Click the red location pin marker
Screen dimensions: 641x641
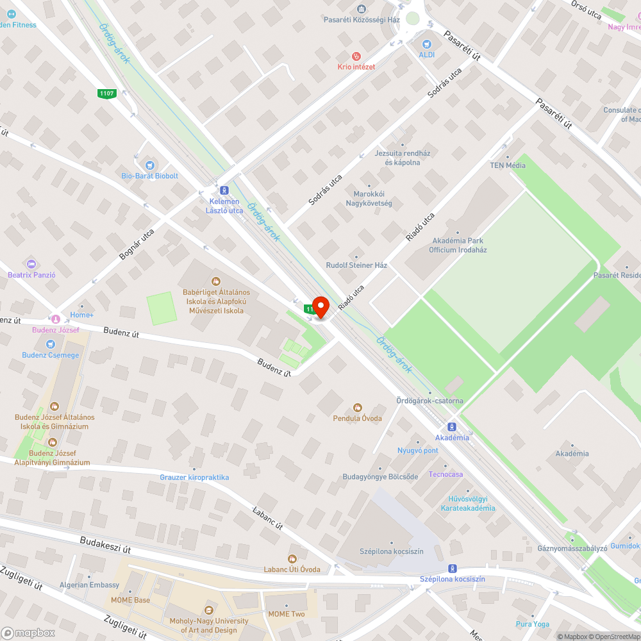coord(320,307)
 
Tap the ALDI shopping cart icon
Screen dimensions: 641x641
coord(426,44)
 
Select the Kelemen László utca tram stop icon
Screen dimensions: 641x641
coord(224,190)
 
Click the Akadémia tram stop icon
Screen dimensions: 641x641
coord(452,427)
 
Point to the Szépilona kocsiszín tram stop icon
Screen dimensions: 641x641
coord(453,569)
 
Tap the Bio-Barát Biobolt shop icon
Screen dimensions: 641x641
coord(150,165)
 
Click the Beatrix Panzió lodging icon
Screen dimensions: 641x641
coord(31,264)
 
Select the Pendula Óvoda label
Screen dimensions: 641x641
coord(357,418)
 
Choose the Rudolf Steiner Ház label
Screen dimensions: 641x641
coord(356,265)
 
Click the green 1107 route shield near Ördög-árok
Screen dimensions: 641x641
coord(106,94)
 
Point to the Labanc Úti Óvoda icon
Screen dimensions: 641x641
coord(292,559)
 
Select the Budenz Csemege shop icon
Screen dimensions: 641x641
coord(51,344)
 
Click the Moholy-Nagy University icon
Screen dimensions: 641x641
coord(208,610)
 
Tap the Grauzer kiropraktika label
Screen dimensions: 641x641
coord(194,478)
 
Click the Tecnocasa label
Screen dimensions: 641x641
coord(446,474)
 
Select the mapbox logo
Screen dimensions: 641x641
coord(28,633)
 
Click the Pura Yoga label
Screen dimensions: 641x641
coord(533,624)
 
